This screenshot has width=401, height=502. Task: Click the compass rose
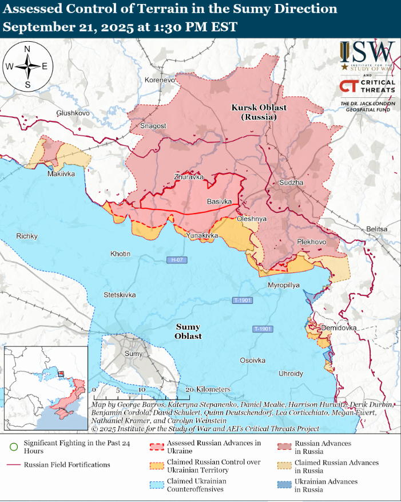(x=27, y=66)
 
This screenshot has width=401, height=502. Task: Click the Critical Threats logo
(x=367, y=86)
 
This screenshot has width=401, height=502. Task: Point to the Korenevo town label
(x=160, y=80)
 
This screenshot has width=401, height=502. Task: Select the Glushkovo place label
(x=73, y=113)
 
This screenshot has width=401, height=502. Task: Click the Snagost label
(x=153, y=126)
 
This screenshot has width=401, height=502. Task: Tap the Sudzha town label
(x=291, y=183)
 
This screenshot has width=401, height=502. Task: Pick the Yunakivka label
(x=202, y=235)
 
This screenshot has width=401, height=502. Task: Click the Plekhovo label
(x=311, y=242)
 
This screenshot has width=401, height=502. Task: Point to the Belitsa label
(x=377, y=229)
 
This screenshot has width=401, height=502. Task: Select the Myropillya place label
(x=283, y=285)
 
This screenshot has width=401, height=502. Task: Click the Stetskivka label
(x=120, y=295)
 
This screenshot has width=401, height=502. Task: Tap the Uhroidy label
(x=291, y=373)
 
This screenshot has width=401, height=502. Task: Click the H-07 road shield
(x=176, y=260)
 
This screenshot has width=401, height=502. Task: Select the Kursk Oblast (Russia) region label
(x=259, y=112)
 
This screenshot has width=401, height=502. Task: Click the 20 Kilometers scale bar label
(x=208, y=389)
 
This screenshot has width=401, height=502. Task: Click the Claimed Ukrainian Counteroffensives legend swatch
(x=156, y=485)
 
